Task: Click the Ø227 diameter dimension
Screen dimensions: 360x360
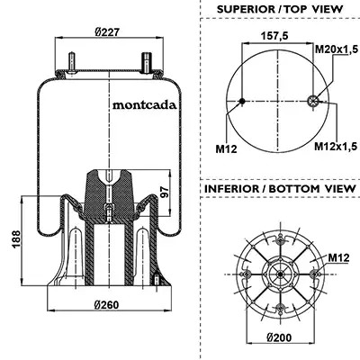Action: click(x=107, y=31)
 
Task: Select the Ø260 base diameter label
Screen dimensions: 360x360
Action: click(x=106, y=305)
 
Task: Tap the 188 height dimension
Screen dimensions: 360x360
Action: click(x=16, y=238)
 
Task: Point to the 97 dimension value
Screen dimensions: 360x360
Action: click(x=164, y=192)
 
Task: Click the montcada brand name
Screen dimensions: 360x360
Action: click(x=144, y=105)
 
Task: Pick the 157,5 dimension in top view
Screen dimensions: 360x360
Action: click(x=274, y=36)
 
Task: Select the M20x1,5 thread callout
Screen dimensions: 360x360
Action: click(x=337, y=49)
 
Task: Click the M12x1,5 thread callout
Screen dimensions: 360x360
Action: click(x=336, y=146)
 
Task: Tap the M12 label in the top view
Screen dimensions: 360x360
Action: click(x=226, y=148)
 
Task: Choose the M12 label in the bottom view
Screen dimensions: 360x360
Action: click(x=338, y=257)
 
